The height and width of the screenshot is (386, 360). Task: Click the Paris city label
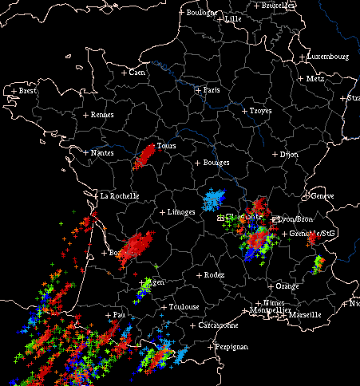[212, 90]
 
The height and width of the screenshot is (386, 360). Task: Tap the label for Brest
[28, 91]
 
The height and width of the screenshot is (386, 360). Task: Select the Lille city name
[233, 19]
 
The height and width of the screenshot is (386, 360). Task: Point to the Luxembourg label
[329, 57]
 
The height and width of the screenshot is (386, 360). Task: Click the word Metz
[315, 79]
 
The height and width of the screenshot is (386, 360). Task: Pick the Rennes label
[102, 115]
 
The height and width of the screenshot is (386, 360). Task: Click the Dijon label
[288, 154]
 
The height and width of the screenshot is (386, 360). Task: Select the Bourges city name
[216, 163]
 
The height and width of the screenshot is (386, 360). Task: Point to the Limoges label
[182, 213]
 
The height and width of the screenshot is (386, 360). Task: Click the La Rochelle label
[119, 195]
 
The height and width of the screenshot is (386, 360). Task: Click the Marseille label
[305, 314]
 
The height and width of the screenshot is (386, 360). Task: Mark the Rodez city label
[214, 275]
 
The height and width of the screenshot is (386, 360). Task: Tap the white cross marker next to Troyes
[244, 111]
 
